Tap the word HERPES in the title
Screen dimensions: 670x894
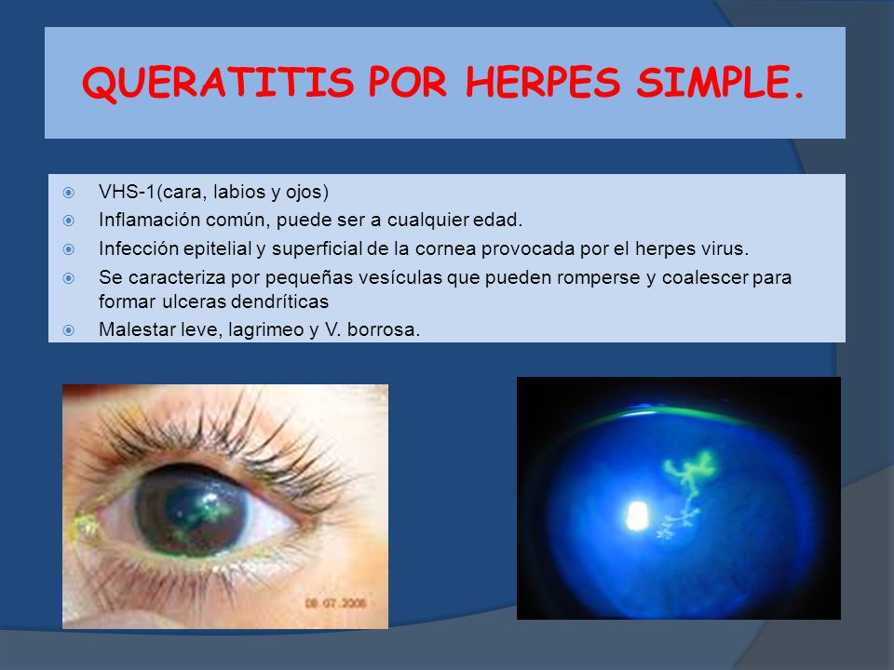(544, 84)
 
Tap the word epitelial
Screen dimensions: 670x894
(204, 249)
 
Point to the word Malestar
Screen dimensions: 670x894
(129, 328)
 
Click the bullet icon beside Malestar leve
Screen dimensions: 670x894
(68, 328)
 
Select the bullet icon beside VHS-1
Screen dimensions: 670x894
(68, 194)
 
